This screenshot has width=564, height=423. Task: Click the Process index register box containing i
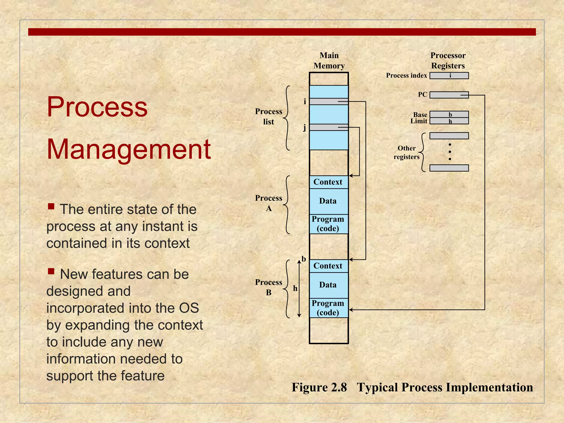click(449, 75)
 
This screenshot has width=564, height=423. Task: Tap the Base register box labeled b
click(449, 114)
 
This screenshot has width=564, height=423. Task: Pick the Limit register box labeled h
click(449, 121)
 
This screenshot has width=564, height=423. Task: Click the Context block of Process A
click(329, 182)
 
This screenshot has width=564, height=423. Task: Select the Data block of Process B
click(329, 285)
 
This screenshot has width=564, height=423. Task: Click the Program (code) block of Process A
click(329, 224)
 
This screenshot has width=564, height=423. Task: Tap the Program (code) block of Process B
click(329, 308)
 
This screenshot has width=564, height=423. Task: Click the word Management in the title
click(129, 149)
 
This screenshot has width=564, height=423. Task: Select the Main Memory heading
click(329, 61)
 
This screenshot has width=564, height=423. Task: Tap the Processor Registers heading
click(448, 61)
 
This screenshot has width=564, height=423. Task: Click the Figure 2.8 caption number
click(319, 387)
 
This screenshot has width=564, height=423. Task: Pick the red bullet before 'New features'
click(51, 272)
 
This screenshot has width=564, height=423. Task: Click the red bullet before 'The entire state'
click(51, 206)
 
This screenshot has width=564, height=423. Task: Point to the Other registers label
click(406, 153)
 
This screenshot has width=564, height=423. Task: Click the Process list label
click(269, 116)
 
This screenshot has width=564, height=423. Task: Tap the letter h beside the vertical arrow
click(295, 288)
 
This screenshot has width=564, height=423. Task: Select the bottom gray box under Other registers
click(449, 168)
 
